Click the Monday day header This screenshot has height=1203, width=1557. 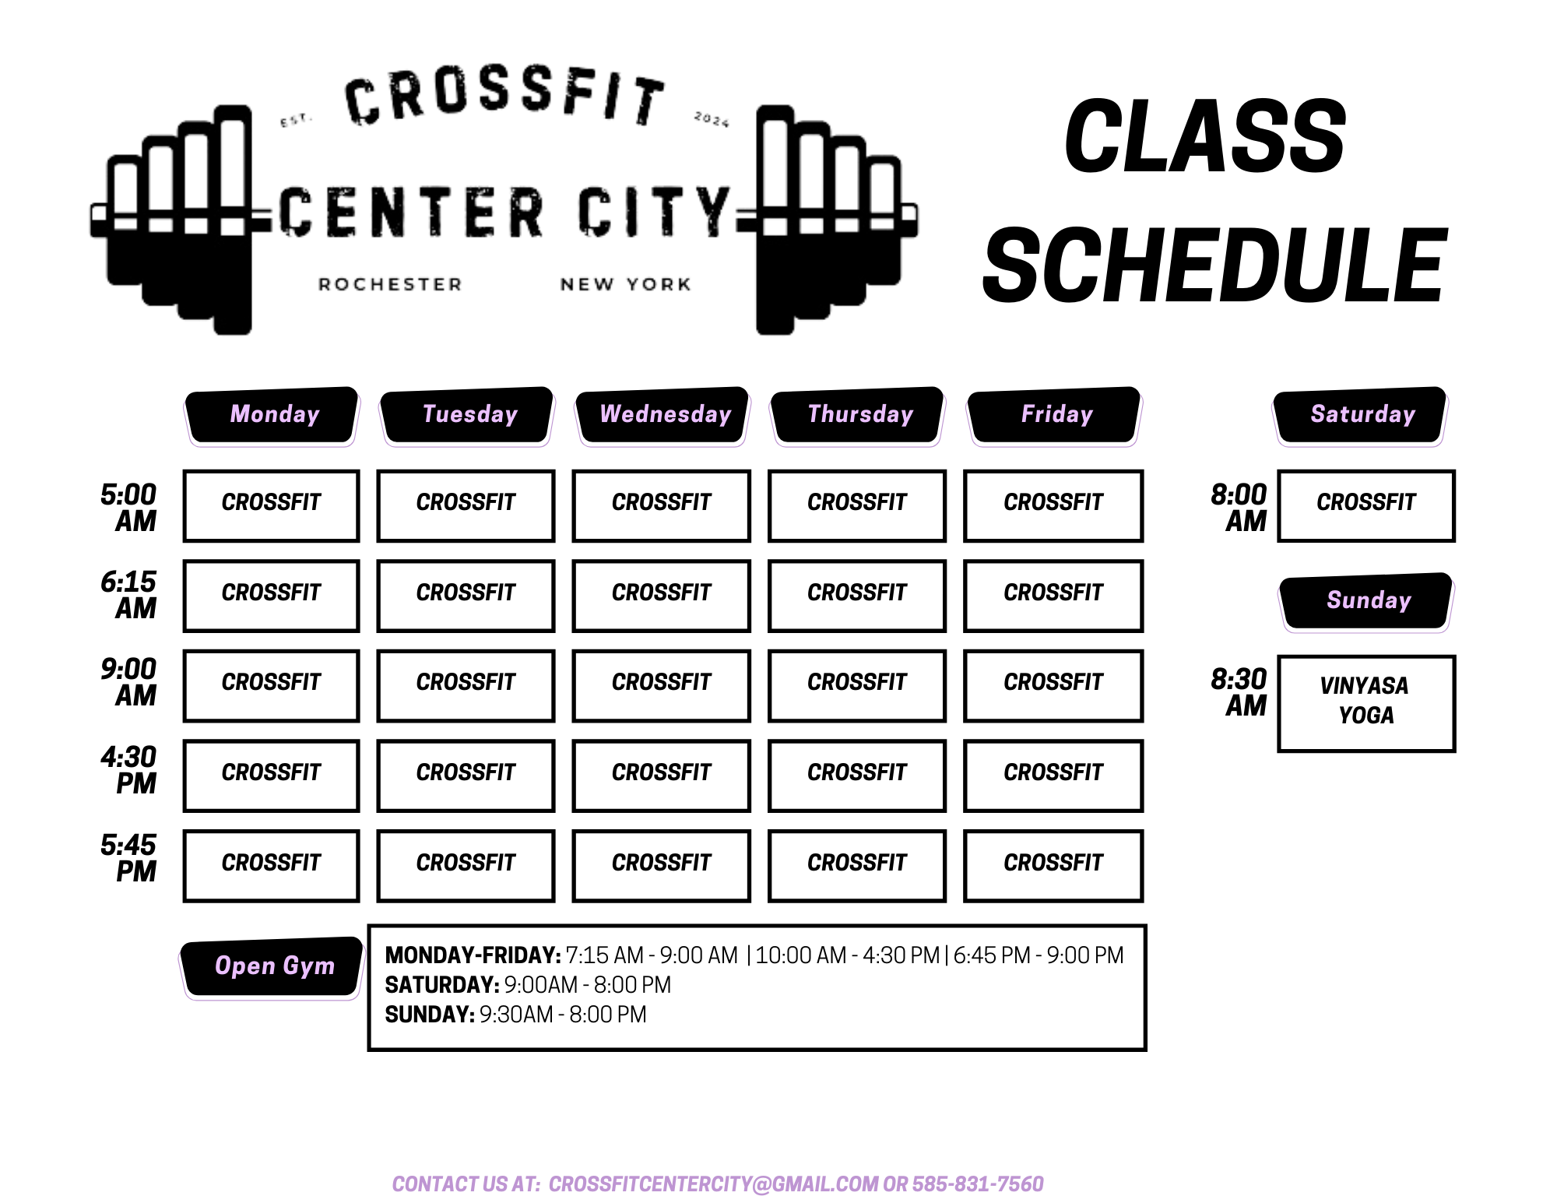pos(272,416)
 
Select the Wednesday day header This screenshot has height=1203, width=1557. pos(663,416)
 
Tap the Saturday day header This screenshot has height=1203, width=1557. pos(1360,416)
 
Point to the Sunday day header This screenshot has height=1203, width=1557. pos(1367,602)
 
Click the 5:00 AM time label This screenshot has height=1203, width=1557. pos(128,507)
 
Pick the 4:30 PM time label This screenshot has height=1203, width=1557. pos(128,769)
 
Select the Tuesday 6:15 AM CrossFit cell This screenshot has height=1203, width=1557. pos(466,596)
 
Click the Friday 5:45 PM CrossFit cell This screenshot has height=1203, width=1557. pos(1053,866)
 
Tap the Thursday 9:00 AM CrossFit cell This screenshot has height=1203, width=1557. pos(857,685)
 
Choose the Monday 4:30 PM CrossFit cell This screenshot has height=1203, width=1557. pos(271,776)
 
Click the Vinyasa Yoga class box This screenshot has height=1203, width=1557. pos(1366,703)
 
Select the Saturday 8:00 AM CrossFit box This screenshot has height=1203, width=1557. pos(1366,505)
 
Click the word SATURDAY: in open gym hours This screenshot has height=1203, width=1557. pos(442,985)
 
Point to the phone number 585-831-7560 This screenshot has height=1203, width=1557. pos(978,1184)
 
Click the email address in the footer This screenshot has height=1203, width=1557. pos(714,1184)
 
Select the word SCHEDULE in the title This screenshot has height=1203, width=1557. pos(1215,266)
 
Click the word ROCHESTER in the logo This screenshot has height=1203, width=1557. pos(390,285)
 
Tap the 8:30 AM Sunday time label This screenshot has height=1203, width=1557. pos(1239,692)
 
